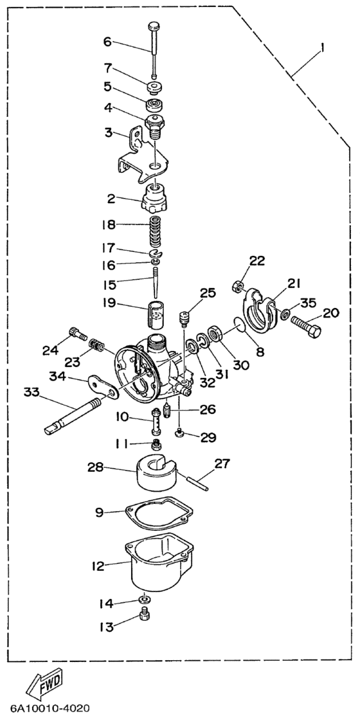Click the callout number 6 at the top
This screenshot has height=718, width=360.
[x=107, y=42]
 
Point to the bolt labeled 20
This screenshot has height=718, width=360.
[x=305, y=325]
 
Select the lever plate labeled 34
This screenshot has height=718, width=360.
[x=102, y=386]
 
